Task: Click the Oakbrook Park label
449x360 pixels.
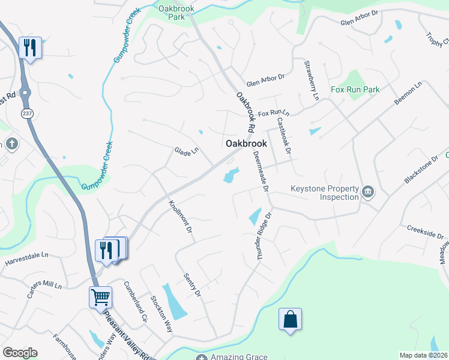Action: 172,13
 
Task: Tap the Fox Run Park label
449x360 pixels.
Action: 355,89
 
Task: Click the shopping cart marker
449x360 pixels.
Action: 101,296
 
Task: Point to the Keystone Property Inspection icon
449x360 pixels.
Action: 368,192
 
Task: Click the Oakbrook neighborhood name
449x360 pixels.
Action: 246,144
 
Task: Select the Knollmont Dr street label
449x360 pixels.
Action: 180,217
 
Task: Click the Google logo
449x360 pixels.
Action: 20,353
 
